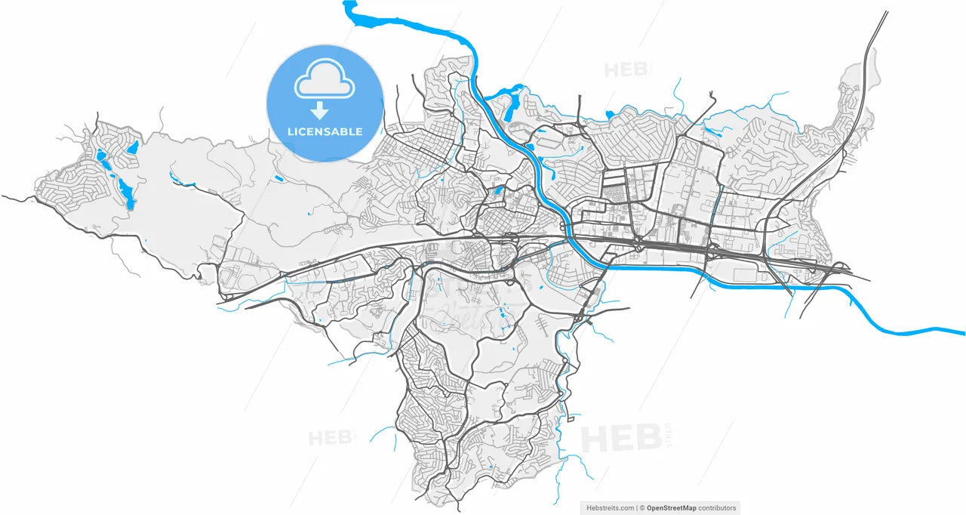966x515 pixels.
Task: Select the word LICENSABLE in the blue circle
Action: click(x=325, y=131)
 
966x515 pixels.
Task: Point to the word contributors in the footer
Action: click(x=717, y=508)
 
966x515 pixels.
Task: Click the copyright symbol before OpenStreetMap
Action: click(x=642, y=508)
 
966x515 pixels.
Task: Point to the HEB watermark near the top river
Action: click(x=624, y=70)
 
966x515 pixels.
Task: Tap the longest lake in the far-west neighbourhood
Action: click(x=123, y=193)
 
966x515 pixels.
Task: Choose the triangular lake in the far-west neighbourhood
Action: click(x=132, y=147)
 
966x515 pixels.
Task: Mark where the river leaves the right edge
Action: click(x=960, y=330)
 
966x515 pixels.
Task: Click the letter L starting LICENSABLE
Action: click(x=291, y=131)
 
